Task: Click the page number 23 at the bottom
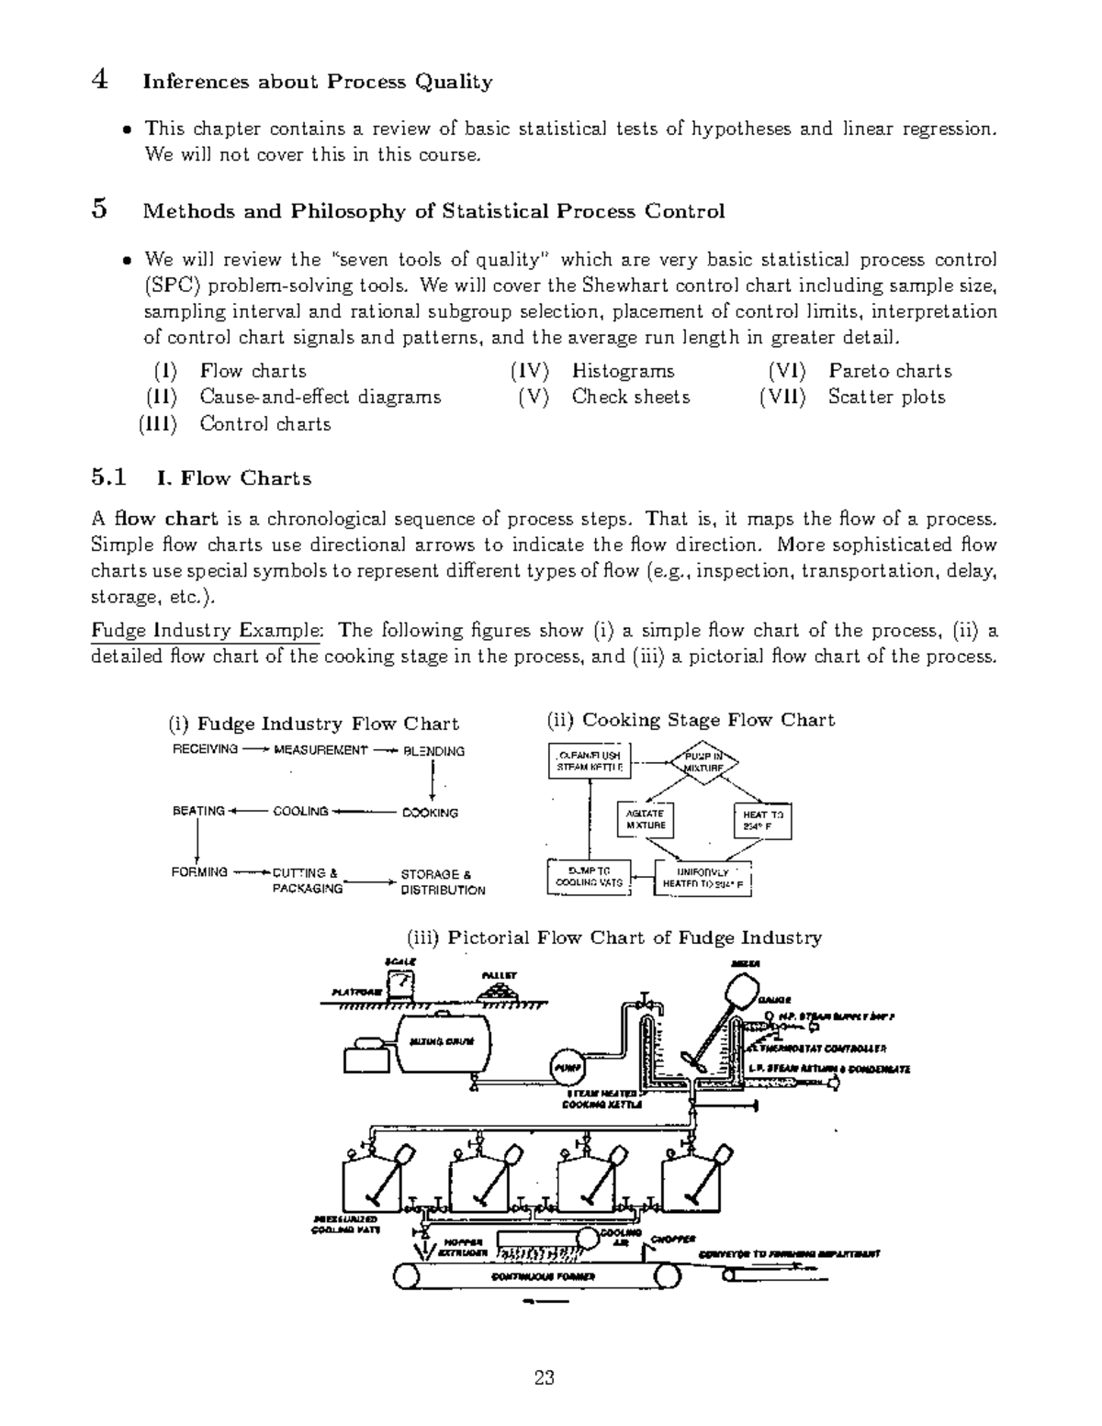click(544, 1377)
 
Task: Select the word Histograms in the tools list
click(623, 371)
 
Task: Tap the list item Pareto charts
click(890, 371)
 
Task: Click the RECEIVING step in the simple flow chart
click(205, 750)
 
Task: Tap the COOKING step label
click(430, 813)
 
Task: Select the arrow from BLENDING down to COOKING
click(432, 781)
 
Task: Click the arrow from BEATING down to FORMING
click(198, 841)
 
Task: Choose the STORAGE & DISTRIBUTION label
click(442, 882)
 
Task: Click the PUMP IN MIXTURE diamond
click(704, 761)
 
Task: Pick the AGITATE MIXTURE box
click(645, 819)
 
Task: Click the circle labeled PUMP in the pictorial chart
click(566, 1066)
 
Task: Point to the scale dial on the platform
click(400, 984)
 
